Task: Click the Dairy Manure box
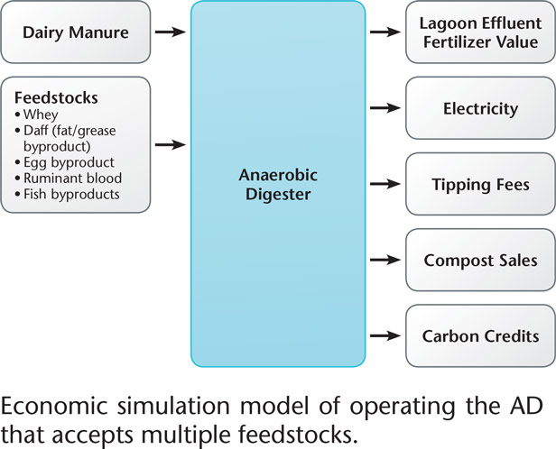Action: pos(76,32)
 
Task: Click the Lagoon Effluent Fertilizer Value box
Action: pos(480,32)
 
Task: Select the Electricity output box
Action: pos(480,109)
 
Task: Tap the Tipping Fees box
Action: pos(480,185)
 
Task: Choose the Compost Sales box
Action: pos(480,261)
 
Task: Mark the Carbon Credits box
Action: pos(480,336)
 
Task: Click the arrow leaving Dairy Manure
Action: pos(171,32)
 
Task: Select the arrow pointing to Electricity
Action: pos(383,109)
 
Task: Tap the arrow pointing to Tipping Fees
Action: pos(383,185)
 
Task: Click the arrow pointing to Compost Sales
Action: pos(383,261)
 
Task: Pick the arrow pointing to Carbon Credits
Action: pos(383,336)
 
